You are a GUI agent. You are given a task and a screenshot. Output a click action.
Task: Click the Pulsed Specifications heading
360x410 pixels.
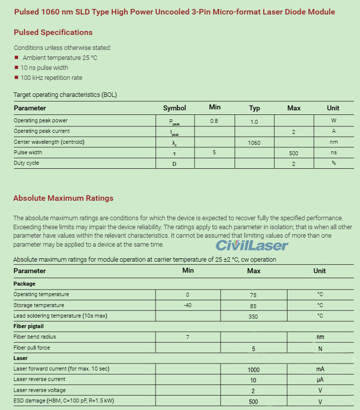pyautogui.click(x=53, y=32)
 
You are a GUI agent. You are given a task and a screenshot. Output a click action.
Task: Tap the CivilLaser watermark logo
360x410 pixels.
pyautogui.click(x=252, y=245)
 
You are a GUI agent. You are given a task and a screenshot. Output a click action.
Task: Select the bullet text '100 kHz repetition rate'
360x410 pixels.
pyautogui.click(x=51, y=78)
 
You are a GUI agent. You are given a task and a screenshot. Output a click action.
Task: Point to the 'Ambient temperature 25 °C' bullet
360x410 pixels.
pyautogui.click(x=59, y=58)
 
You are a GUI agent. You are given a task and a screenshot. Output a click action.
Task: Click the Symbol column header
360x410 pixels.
pyautogui.click(x=174, y=108)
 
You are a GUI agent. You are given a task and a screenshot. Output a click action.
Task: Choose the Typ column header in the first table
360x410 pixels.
pyautogui.click(x=254, y=108)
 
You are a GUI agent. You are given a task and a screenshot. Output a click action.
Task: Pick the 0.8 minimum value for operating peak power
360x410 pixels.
pyautogui.click(x=214, y=121)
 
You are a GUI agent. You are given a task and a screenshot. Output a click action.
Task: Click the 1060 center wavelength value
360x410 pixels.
pyautogui.click(x=254, y=142)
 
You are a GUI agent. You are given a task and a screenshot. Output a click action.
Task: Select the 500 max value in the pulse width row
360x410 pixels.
pyautogui.click(x=293, y=153)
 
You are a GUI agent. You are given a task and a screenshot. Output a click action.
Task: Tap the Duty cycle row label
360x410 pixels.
pyautogui.click(x=26, y=163)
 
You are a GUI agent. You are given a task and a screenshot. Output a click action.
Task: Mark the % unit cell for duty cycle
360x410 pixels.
pyautogui.click(x=333, y=163)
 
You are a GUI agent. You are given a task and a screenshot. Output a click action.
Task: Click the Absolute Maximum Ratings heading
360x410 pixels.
pyautogui.click(x=63, y=198)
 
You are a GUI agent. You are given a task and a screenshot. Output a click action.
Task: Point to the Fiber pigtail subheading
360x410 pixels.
pyautogui.click(x=28, y=327)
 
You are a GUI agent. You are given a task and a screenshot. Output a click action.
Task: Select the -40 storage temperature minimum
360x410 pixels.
pyautogui.click(x=187, y=305)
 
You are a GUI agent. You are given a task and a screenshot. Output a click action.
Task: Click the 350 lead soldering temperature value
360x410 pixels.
pyautogui.click(x=253, y=316)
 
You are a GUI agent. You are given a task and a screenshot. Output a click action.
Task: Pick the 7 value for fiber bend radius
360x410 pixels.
pyautogui.click(x=187, y=337)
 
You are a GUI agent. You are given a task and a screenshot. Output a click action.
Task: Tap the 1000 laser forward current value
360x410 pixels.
pyautogui.click(x=253, y=370)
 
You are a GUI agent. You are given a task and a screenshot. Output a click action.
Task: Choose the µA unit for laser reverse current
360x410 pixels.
pyautogui.click(x=320, y=380)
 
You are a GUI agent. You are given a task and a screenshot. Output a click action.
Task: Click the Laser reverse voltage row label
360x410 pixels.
pyautogui.click(x=39, y=391)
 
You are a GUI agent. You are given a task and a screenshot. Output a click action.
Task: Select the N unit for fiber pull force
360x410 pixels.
pyautogui.click(x=320, y=349)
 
